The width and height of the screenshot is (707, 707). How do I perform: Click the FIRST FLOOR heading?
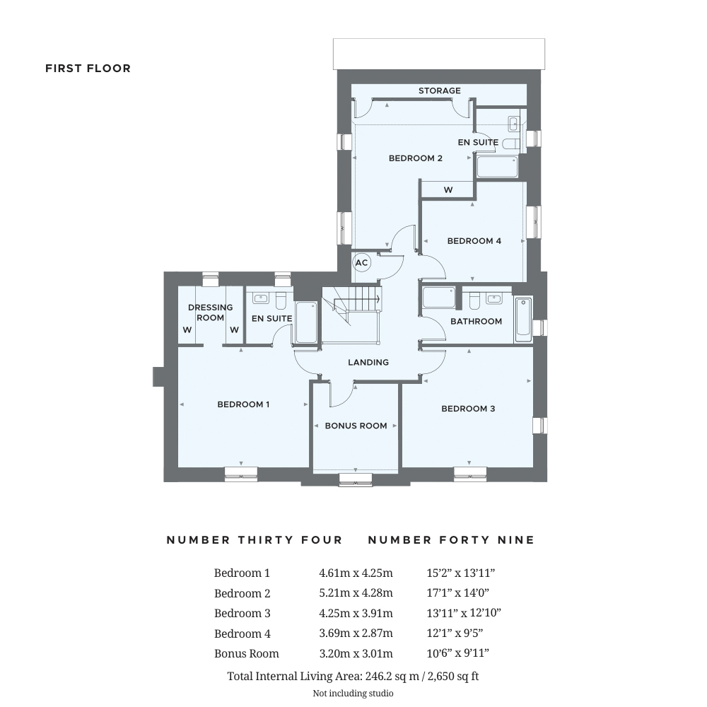click(88, 69)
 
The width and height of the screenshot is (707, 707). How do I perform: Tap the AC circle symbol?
click(361, 263)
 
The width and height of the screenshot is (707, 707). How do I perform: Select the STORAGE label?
click(439, 90)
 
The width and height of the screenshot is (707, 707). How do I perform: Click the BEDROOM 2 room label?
click(416, 158)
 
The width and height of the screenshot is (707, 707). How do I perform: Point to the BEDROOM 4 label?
click(474, 241)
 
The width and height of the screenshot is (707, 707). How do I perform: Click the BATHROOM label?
click(477, 321)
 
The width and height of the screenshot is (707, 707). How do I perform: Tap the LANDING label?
click(368, 362)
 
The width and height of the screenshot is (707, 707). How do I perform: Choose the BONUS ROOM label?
click(356, 426)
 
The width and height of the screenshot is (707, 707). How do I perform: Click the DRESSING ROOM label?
click(210, 312)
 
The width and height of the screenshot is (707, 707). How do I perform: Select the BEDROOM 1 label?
click(243, 404)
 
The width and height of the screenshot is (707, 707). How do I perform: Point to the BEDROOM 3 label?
click(468, 409)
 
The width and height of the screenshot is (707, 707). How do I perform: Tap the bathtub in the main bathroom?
click(523, 320)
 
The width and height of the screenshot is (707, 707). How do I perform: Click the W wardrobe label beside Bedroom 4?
click(448, 190)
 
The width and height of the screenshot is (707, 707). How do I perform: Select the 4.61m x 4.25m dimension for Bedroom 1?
click(356, 573)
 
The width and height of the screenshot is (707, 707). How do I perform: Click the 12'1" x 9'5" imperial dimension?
click(458, 633)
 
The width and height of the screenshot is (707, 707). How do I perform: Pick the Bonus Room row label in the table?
click(247, 653)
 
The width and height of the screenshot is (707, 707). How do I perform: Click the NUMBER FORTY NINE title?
click(451, 540)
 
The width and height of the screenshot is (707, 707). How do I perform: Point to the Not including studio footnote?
click(353, 694)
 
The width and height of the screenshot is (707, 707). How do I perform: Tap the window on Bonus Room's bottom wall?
click(356, 479)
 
